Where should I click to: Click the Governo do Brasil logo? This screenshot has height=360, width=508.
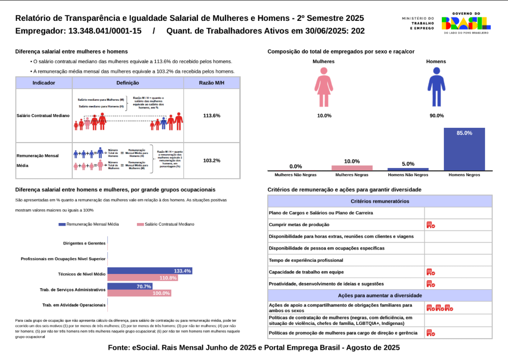coord(466,23)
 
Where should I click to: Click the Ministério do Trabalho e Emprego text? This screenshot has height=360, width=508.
coord(418,23)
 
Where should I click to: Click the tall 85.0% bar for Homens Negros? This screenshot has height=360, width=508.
coord(464,149)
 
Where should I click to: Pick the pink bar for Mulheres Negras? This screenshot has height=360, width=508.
coord(352,168)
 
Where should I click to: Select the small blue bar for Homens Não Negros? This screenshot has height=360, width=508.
coord(408,169)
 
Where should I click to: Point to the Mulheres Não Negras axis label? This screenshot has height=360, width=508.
coord(296,175)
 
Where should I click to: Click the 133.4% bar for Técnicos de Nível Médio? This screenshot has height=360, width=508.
coord(149,271)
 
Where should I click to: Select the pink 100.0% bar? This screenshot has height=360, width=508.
coord(139,293)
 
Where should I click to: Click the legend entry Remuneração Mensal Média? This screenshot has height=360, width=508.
coord(89,224)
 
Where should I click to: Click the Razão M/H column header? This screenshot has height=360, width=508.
coord(211,82)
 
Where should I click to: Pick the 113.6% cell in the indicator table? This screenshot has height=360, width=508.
coord(211,116)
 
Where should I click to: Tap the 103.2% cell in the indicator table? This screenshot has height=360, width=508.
coord(211,160)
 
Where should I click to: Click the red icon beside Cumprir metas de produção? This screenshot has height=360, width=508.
coord(431,225)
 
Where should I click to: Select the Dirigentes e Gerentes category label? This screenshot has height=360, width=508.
coord(84,243)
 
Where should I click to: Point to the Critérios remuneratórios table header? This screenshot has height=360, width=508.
coord(380,201)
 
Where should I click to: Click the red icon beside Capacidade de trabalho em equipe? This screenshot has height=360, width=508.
coord(431,272)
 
